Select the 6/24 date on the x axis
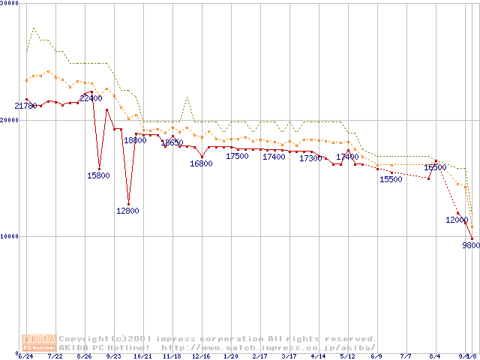[x=26, y=356]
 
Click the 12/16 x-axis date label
[x=201, y=356]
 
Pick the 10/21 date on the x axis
[x=142, y=356]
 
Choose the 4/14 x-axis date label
[x=319, y=356]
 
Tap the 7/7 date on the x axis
[x=406, y=356]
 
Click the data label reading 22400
[x=91, y=98]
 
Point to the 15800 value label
[x=99, y=175]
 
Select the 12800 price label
[x=127, y=211]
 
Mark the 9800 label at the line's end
[x=470, y=245]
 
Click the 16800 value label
[x=201, y=163]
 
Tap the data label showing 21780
[x=25, y=106]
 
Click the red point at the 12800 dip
[x=128, y=204]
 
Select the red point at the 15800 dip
[x=99, y=168]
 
